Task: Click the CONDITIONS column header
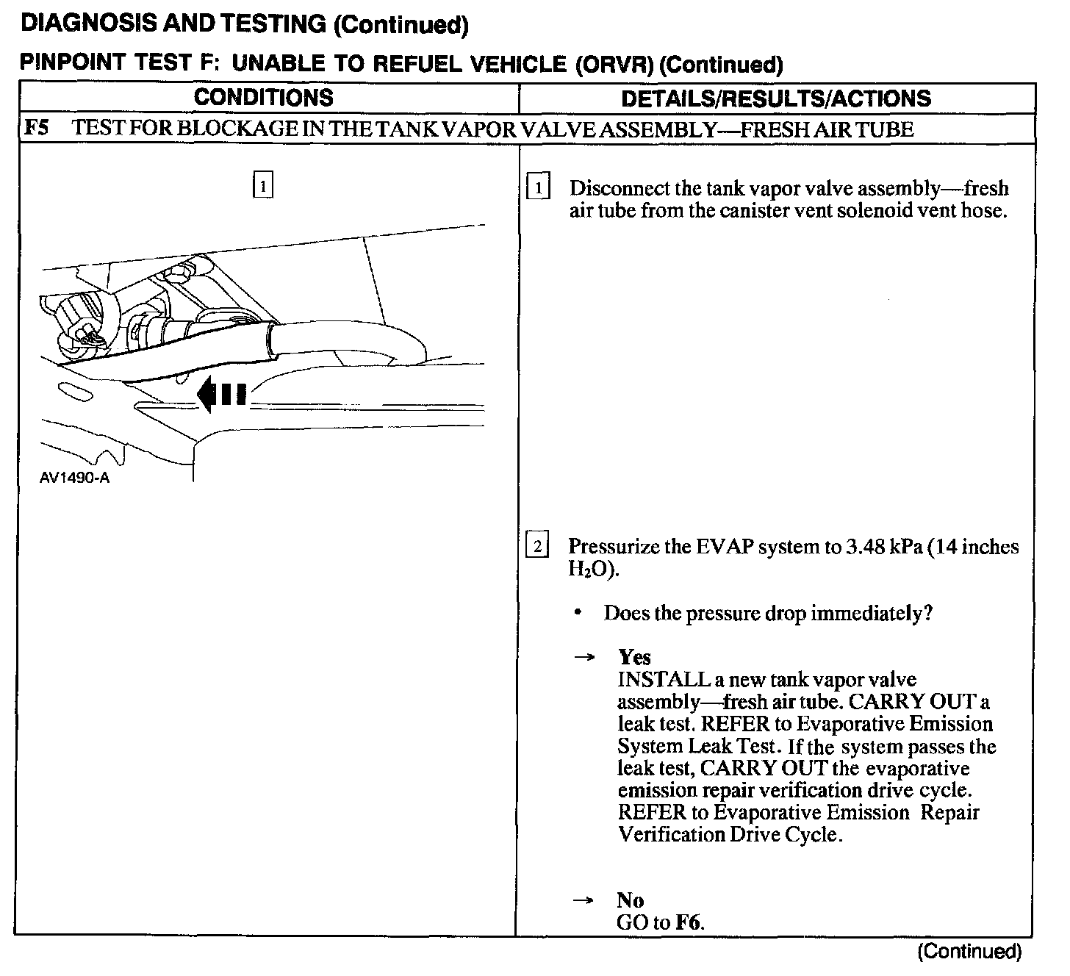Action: pos(263,98)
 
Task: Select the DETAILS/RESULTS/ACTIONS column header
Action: pos(776,98)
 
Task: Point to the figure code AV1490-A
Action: pos(75,478)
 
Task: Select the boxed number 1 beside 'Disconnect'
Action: pos(539,188)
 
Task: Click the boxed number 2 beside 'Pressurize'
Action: pos(537,546)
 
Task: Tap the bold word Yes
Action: pos(634,656)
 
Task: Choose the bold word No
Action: pos(631,900)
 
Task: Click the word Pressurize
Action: pos(618,547)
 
